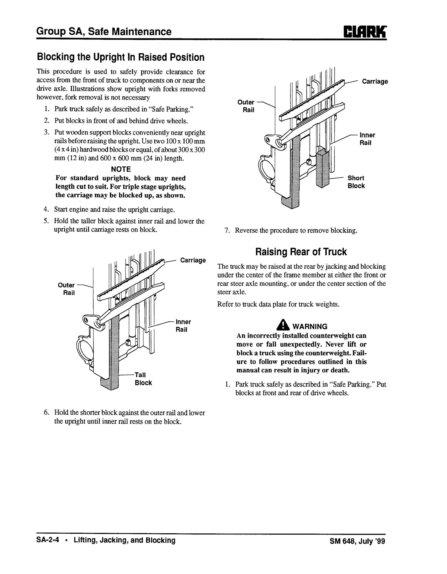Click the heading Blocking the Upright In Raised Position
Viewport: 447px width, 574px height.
[x=121, y=57]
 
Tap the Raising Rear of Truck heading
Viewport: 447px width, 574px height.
[x=301, y=252]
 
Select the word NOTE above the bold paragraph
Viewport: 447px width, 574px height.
[x=121, y=169]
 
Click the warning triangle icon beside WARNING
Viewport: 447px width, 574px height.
[x=283, y=325]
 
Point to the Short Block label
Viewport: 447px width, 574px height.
[x=356, y=182]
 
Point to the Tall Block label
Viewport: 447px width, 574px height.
[x=143, y=379]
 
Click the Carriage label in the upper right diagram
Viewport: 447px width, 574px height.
[x=375, y=81]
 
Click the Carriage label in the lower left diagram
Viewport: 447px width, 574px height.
[x=193, y=260]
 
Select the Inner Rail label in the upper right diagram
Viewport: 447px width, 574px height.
[x=367, y=139]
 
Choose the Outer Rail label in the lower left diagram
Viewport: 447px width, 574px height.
[x=67, y=289]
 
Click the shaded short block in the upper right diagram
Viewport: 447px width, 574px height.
[x=323, y=168]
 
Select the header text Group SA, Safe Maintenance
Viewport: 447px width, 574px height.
[x=104, y=31]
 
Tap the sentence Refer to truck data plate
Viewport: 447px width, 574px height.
[x=278, y=304]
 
